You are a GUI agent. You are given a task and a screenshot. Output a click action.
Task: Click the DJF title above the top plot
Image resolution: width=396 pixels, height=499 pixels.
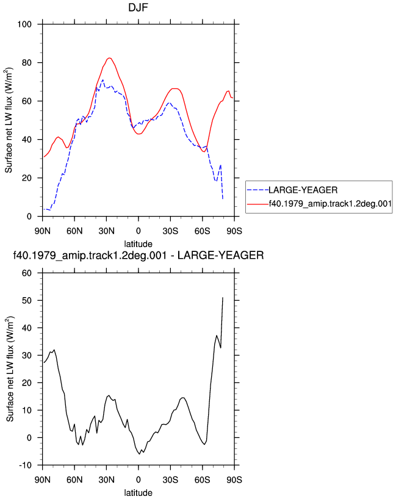click(x=138, y=8)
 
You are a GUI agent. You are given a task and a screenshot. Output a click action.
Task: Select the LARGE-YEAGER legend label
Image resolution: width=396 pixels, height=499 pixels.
click(x=303, y=190)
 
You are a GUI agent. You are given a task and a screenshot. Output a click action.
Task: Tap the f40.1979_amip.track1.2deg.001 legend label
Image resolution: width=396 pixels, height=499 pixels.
click(x=330, y=203)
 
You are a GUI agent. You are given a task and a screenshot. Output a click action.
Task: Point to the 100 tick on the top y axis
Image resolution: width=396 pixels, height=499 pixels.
click(x=24, y=24)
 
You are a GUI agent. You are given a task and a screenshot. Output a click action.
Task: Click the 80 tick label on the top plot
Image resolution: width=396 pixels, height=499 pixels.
click(x=26, y=63)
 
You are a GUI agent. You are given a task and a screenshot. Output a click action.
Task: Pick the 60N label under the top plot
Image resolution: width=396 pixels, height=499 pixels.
click(x=74, y=231)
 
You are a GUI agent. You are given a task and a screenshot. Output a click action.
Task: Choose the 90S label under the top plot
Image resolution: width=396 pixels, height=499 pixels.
click(x=234, y=231)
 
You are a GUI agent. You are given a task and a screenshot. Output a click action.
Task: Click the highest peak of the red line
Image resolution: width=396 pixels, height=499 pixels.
click(x=109, y=58)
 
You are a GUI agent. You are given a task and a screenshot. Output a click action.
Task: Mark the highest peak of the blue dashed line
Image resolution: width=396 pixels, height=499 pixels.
click(x=103, y=80)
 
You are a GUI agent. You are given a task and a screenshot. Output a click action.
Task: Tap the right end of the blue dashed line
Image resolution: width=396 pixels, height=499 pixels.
click(x=223, y=199)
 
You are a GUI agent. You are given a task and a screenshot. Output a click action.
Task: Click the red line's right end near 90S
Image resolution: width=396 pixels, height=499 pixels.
click(x=233, y=98)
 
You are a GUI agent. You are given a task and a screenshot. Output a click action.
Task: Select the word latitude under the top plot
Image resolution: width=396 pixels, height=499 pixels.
click(x=138, y=244)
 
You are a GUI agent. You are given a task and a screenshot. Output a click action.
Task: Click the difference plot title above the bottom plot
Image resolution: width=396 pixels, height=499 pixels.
click(x=138, y=255)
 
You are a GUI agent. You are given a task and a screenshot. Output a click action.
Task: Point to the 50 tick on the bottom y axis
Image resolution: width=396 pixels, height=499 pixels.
click(x=26, y=300)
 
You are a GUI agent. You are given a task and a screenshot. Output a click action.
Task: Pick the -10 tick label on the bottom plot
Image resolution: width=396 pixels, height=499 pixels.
click(x=25, y=465)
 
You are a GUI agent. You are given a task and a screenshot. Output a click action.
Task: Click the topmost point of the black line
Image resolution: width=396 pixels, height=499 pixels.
click(x=223, y=298)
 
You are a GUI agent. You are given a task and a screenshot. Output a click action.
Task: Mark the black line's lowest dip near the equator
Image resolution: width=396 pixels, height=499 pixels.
click(x=140, y=454)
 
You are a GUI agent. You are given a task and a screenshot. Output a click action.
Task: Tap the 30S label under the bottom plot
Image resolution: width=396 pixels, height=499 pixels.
click(x=170, y=479)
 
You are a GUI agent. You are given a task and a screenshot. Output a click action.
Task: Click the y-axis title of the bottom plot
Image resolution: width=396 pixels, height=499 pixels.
click(x=10, y=369)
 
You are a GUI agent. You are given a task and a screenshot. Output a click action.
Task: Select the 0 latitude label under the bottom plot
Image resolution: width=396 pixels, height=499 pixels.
click(x=138, y=479)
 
